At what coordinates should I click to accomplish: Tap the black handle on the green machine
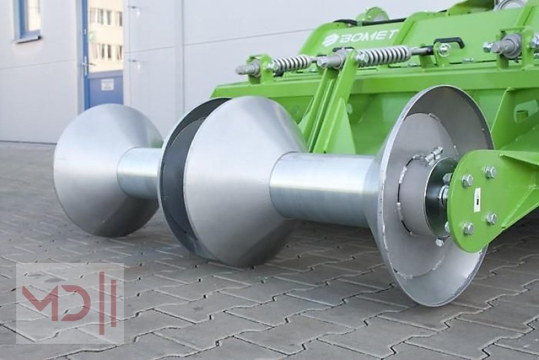click(448, 42)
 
